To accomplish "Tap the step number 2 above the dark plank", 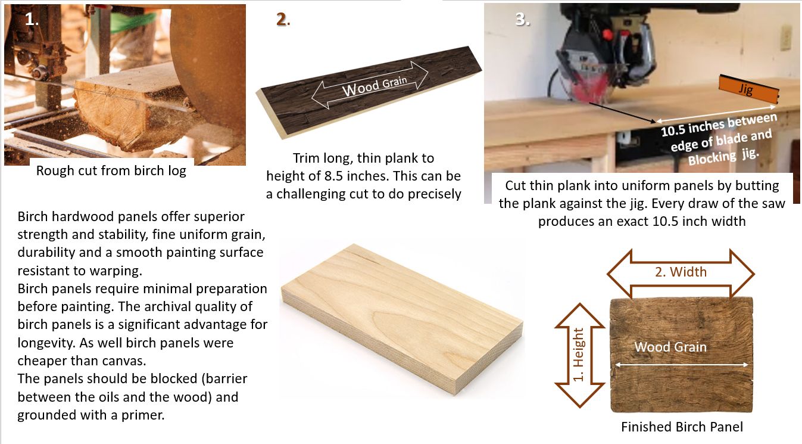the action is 282,19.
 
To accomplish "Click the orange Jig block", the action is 748,89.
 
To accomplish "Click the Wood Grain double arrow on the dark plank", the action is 370,85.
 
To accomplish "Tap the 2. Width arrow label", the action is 681,272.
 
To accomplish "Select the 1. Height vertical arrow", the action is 579,355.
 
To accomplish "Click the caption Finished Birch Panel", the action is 682,427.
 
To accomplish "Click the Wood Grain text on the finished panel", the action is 670,347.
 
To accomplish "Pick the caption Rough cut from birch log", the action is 111,171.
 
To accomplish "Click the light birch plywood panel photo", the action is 402,319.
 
